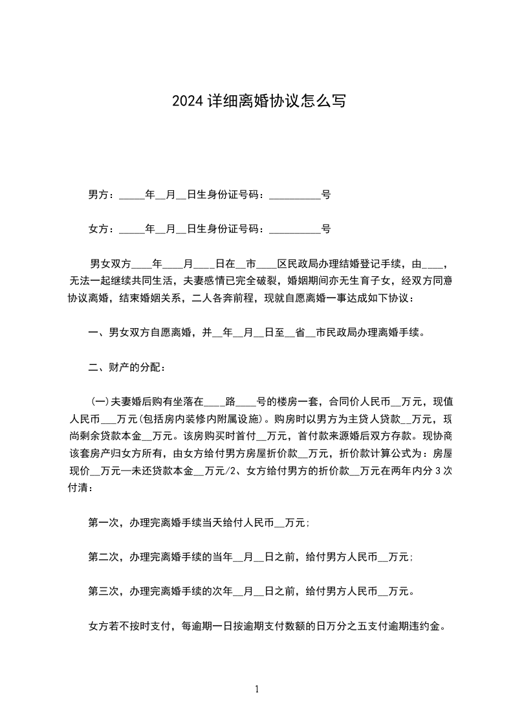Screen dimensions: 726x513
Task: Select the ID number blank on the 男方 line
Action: pyautogui.click(x=294, y=195)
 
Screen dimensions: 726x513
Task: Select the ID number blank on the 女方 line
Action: pyautogui.click(x=294, y=230)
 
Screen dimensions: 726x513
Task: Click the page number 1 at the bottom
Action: pyautogui.click(x=257, y=689)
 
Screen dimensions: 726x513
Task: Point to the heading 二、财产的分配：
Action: pyautogui.click(x=127, y=368)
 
